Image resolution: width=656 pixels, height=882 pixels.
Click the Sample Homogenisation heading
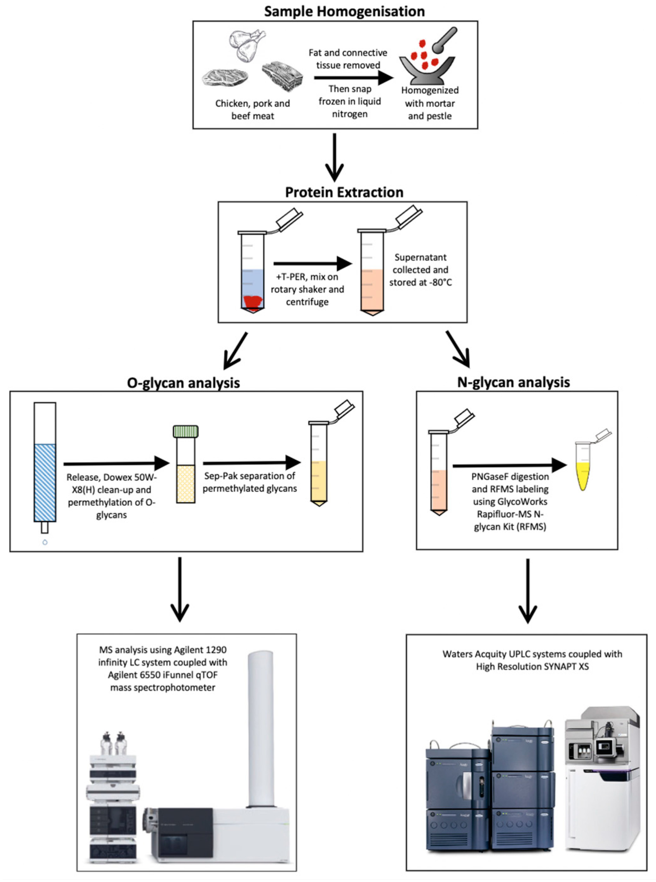point(344,11)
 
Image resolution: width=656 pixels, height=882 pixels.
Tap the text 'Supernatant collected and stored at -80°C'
point(420,270)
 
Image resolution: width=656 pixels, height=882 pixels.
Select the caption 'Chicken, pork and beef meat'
point(253,110)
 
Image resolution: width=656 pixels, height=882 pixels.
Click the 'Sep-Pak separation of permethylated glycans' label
point(250,482)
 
